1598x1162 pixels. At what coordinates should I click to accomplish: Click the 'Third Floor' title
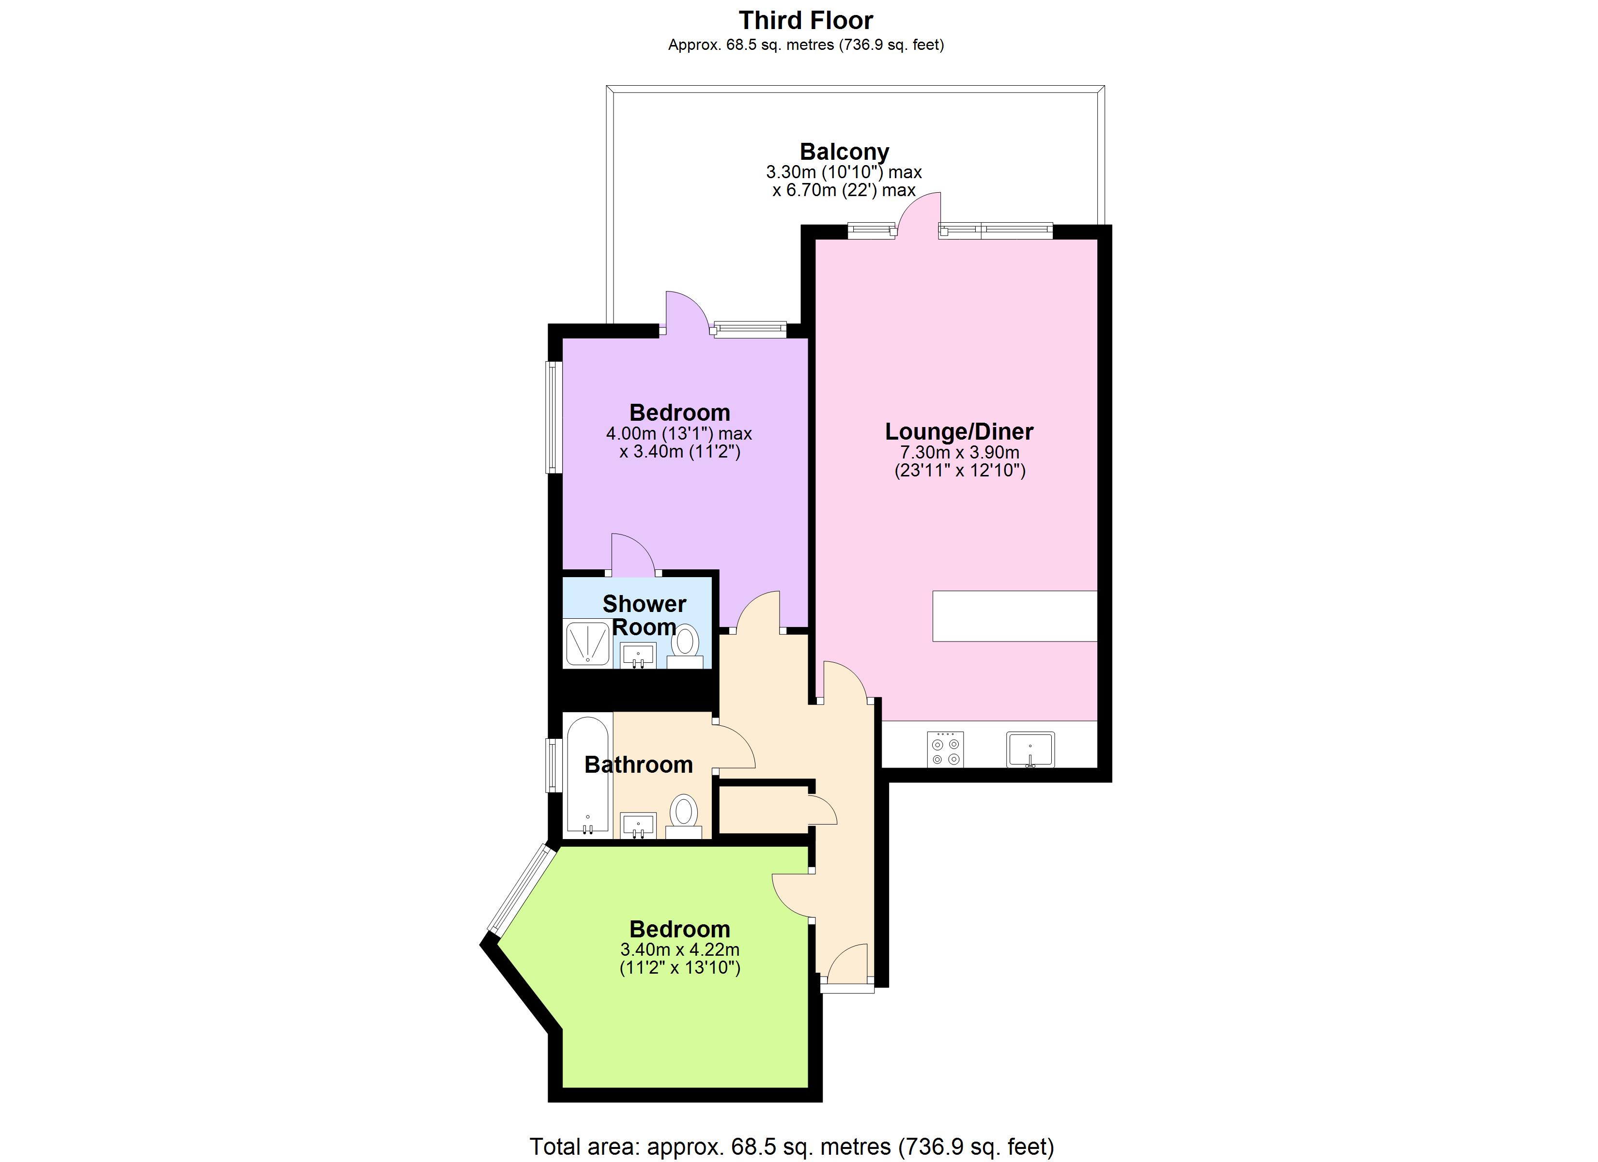[806, 20]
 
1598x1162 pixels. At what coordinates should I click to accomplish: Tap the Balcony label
[844, 152]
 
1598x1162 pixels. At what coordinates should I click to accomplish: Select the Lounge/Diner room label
[959, 431]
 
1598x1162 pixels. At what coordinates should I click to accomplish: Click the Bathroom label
[638, 764]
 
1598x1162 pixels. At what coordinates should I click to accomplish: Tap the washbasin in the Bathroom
[638, 825]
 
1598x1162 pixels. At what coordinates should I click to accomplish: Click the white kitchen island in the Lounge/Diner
[1014, 616]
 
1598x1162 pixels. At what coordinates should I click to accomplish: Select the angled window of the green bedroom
[522, 889]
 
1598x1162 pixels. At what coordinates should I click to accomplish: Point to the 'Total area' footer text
[792, 1147]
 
